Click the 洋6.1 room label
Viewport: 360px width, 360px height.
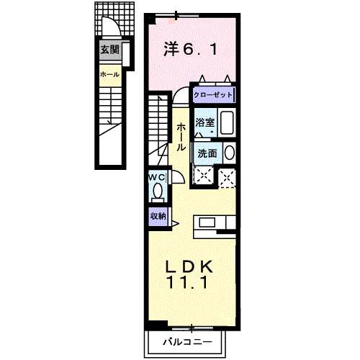point(190,50)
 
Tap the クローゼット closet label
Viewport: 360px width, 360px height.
point(213,95)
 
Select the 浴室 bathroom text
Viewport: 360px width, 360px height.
point(204,123)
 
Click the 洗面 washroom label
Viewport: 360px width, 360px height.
point(207,153)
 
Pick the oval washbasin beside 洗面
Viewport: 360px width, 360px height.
point(229,153)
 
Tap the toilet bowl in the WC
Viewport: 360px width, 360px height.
point(158,192)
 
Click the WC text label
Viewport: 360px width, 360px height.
point(158,177)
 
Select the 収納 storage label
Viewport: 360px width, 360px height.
point(158,215)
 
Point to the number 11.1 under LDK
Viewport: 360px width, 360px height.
point(190,283)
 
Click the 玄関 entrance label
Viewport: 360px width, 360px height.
point(110,50)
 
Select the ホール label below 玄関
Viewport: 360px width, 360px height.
point(109,73)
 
